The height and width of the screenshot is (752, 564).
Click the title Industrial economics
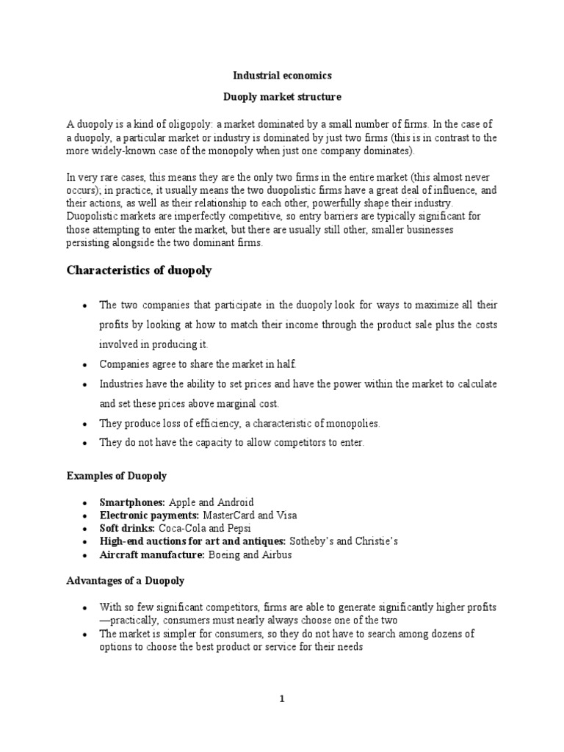pyautogui.click(x=282, y=75)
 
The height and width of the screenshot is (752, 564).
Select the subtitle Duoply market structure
pyautogui.click(x=282, y=96)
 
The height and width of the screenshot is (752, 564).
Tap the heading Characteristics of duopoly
pyautogui.click(x=139, y=270)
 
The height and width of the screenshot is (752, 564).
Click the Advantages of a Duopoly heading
pyautogui.click(x=126, y=580)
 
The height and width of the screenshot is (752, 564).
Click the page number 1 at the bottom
pyautogui.click(x=281, y=700)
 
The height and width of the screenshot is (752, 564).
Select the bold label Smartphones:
pyautogui.click(x=133, y=502)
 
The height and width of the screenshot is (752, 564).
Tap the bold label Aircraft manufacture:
pyautogui.click(x=151, y=554)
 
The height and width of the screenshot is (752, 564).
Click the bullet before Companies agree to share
pyautogui.click(x=86, y=365)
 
